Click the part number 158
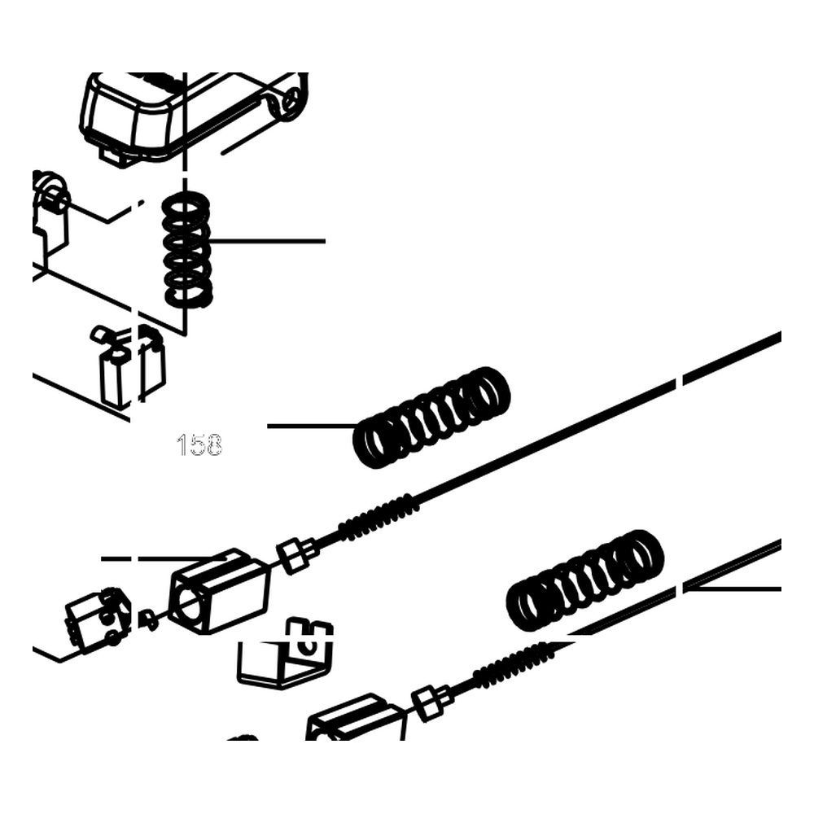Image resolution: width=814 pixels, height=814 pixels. coord(199,445)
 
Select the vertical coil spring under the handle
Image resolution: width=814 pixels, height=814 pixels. coord(187,250)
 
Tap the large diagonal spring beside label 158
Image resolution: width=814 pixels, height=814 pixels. coord(431,418)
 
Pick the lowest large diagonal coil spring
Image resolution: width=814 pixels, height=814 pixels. coord(585,580)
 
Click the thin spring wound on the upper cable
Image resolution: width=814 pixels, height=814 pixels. coord(379,518)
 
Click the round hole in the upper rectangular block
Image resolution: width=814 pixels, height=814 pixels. coord(190,602)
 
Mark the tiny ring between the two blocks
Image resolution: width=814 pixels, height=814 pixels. coord(150,620)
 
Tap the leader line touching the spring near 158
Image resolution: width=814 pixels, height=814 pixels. coord(313,427)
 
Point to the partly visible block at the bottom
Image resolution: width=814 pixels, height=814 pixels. coord(356,719)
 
